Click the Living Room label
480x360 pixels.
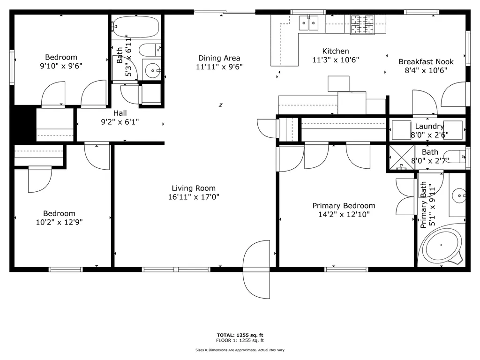[194, 188]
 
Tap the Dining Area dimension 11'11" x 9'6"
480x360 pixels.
[219, 67]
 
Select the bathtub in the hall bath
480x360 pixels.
[136, 27]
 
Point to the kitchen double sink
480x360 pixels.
[309, 22]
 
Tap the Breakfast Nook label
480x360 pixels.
[426, 61]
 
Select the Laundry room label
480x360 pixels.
[429, 127]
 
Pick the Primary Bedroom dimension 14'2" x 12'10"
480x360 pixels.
[344, 215]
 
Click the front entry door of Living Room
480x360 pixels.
[257, 269]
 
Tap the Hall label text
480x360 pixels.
[120, 113]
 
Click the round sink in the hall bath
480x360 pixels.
[152, 71]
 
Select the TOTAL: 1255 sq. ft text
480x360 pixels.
[240, 335]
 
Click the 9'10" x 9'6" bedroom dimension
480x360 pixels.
[61, 66]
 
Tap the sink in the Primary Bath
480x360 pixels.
[458, 193]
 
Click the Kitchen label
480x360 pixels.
[336, 51]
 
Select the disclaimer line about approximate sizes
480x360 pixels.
[240, 350]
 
